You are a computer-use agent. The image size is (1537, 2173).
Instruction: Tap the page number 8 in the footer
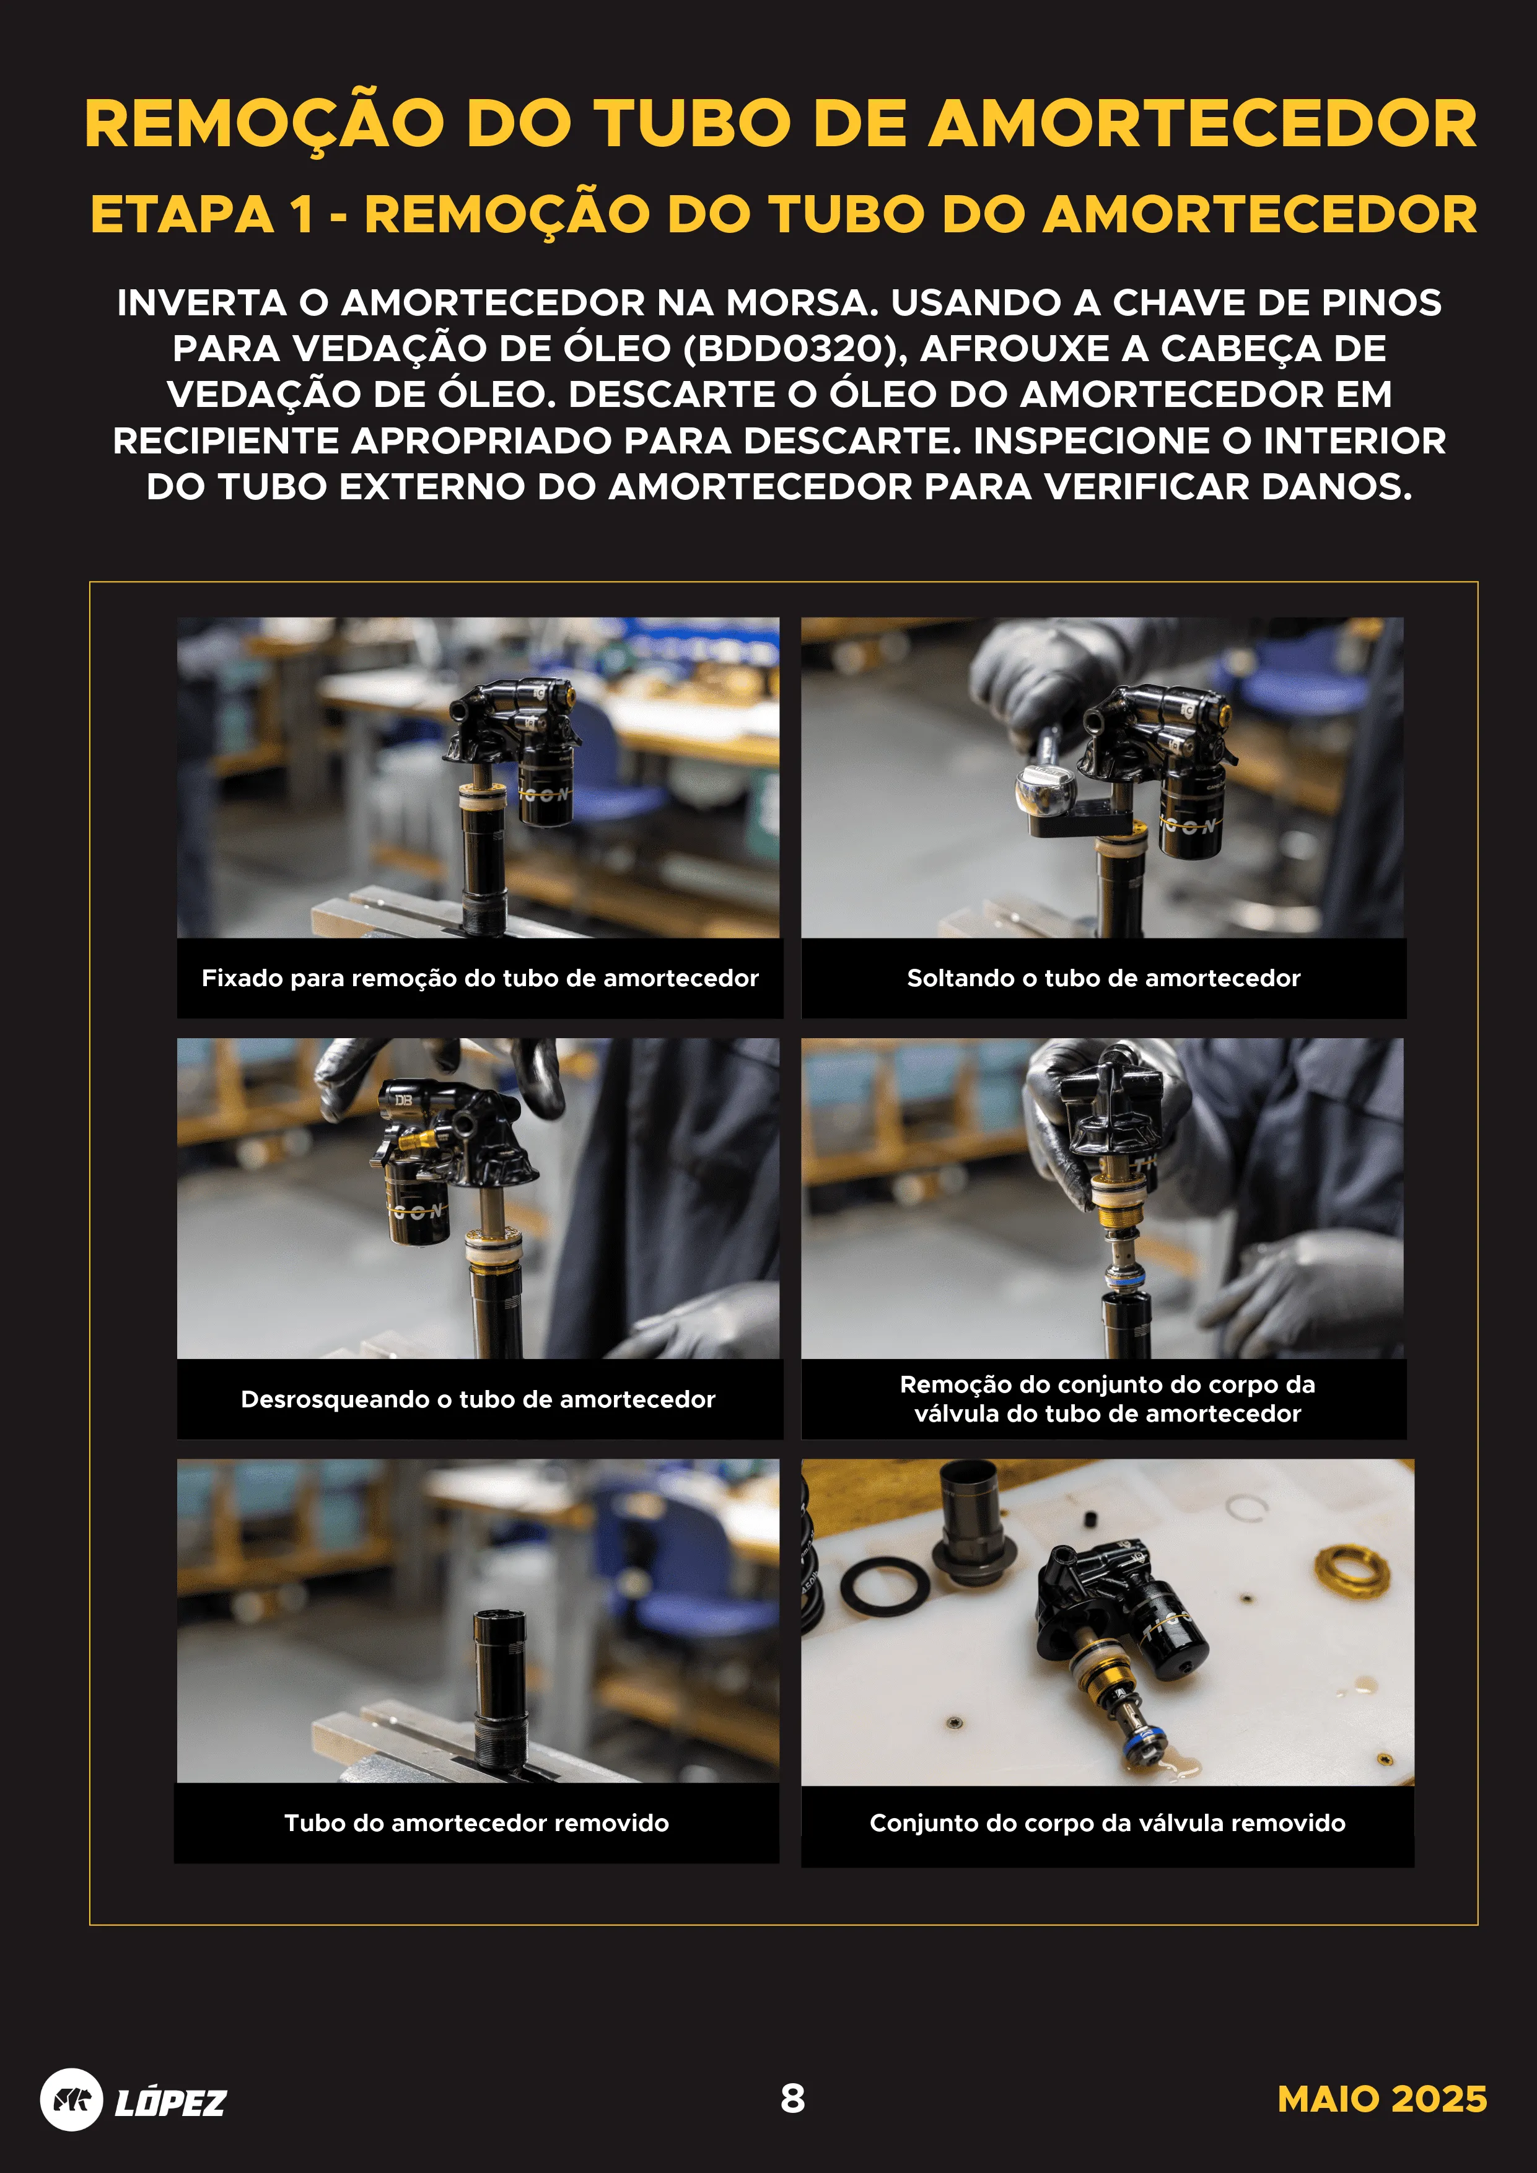point(792,2098)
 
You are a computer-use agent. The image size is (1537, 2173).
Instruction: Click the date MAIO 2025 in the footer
point(1381,2099)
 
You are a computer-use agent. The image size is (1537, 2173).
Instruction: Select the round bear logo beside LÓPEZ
point(71,2099)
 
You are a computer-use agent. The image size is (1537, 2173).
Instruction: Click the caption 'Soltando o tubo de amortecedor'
point(1103,977)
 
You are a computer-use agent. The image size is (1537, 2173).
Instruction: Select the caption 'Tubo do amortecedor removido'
point(476,1823)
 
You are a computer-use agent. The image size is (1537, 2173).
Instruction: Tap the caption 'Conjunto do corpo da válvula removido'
point(1106,1823)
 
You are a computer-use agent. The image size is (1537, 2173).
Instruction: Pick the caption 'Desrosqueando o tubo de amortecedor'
point(478,1399)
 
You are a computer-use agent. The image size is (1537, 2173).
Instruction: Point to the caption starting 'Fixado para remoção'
point(480,977)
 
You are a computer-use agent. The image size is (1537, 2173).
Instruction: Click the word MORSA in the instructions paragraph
point(800,303)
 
